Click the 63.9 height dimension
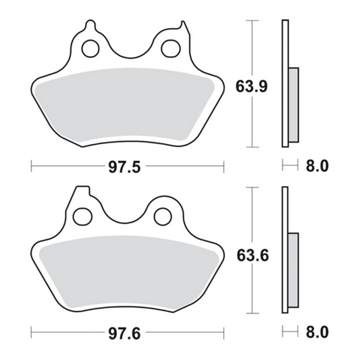[252, 87]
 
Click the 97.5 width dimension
[124, 167]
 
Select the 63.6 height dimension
[253, 256]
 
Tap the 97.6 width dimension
[124, 333]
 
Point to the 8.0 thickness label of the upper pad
[317, 166]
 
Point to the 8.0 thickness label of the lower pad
[317, 332]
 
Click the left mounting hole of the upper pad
[91, 49]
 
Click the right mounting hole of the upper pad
[171, 49]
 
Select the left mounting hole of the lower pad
[82, 216]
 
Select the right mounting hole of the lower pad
[163, 216]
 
